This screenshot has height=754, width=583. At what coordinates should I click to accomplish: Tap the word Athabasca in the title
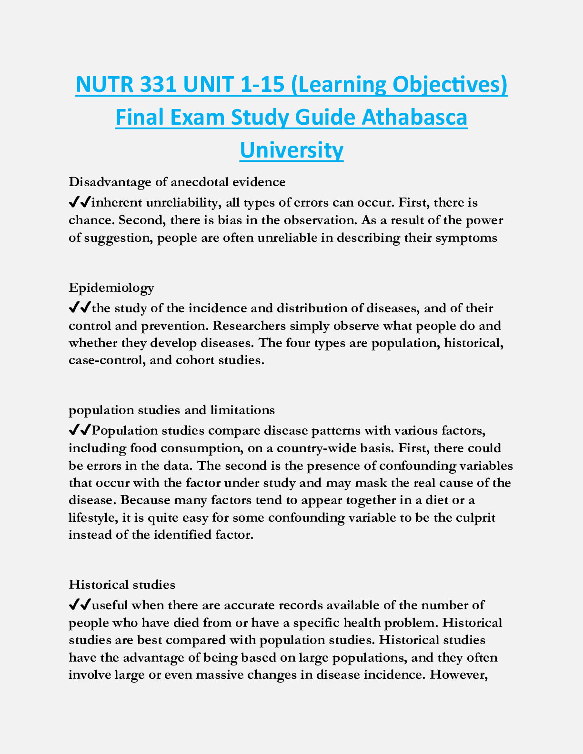pyautogui.click(x=414, y=118)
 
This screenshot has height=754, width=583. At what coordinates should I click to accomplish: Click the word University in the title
pyautogui.click(x=291, y=150)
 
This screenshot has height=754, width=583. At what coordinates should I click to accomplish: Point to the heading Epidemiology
pyautogui.click(x=111, y=288)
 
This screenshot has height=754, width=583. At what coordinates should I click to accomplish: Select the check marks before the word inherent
pyautogui.click(x=80, y=203)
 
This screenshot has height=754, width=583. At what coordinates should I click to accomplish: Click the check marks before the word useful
pyautogui.click(x=80, y=605)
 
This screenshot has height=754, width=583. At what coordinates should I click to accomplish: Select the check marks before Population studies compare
pyautogui.click(x=80, y=431)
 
